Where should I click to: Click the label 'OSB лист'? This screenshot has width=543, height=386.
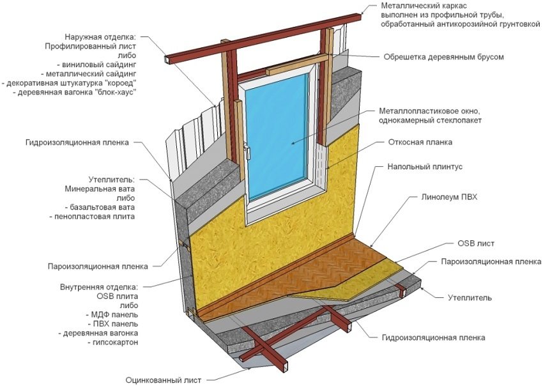[x=476, y=243]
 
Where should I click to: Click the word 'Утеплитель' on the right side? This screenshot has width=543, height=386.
[x=469, y=298]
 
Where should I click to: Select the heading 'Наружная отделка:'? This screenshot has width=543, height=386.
[x=109, y=37]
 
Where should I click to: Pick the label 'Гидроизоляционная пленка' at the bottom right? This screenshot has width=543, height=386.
[x=433, y=337]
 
